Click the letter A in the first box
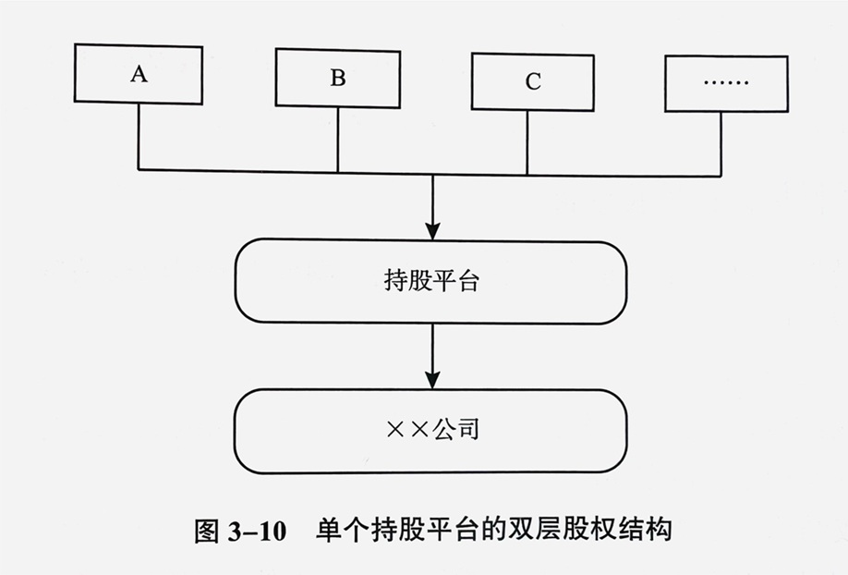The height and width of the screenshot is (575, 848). coord(139,74)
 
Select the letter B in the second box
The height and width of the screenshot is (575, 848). coord(337,78)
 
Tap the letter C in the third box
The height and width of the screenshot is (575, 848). coord(533,82)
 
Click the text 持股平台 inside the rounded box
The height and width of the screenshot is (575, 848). coord(431,281)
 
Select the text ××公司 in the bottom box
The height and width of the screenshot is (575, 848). coord(431,431)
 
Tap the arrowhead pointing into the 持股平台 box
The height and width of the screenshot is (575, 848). coord(432,230)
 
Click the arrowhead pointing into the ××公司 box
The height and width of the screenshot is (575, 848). coord(432,380)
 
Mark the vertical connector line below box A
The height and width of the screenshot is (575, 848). coord(139,137)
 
